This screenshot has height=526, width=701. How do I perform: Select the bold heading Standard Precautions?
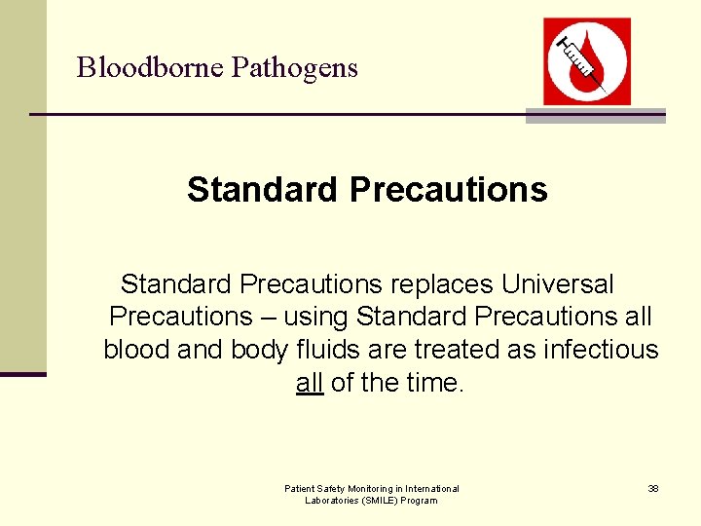click(x=367, y=189)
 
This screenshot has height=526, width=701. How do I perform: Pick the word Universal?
click(x=558, y=284)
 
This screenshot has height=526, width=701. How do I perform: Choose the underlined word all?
click(x=309, y=383)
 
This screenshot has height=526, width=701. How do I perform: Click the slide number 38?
click(x=653, y=488)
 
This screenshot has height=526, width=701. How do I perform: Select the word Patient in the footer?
click(x=300, y=488)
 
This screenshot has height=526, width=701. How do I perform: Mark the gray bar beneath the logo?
click(x=595, y=115)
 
